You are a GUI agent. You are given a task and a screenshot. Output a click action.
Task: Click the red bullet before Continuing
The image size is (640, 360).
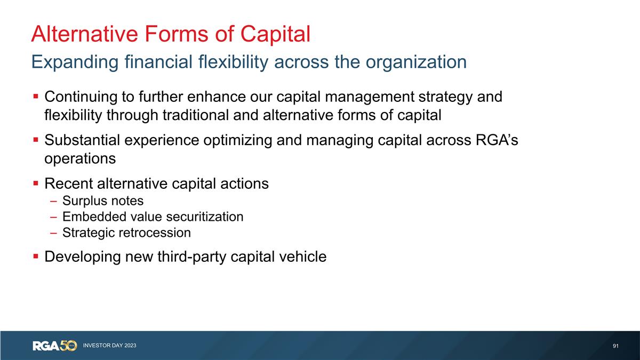tap(35, 97)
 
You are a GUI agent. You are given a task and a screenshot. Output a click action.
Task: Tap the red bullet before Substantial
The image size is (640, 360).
tap(35, 141)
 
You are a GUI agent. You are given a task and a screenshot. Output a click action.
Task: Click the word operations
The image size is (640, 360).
tap(80, 158)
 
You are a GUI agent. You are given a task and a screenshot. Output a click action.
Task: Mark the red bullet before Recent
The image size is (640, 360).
tap(35, 184)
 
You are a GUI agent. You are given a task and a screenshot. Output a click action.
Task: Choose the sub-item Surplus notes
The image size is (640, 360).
tap(102, 201)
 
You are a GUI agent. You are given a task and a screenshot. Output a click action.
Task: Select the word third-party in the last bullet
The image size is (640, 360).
tap(193, 257)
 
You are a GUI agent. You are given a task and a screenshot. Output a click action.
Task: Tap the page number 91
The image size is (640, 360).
tap(615, 346)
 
